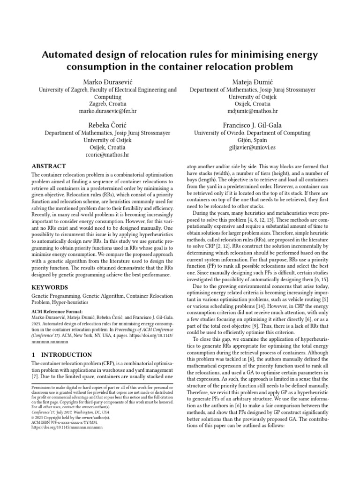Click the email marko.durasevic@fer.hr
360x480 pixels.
point(107,112)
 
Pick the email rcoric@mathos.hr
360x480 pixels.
point(107,155)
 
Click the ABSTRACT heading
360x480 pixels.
point(49,166)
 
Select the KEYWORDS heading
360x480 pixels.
point(50,287)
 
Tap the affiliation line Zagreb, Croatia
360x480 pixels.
point(107,104)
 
